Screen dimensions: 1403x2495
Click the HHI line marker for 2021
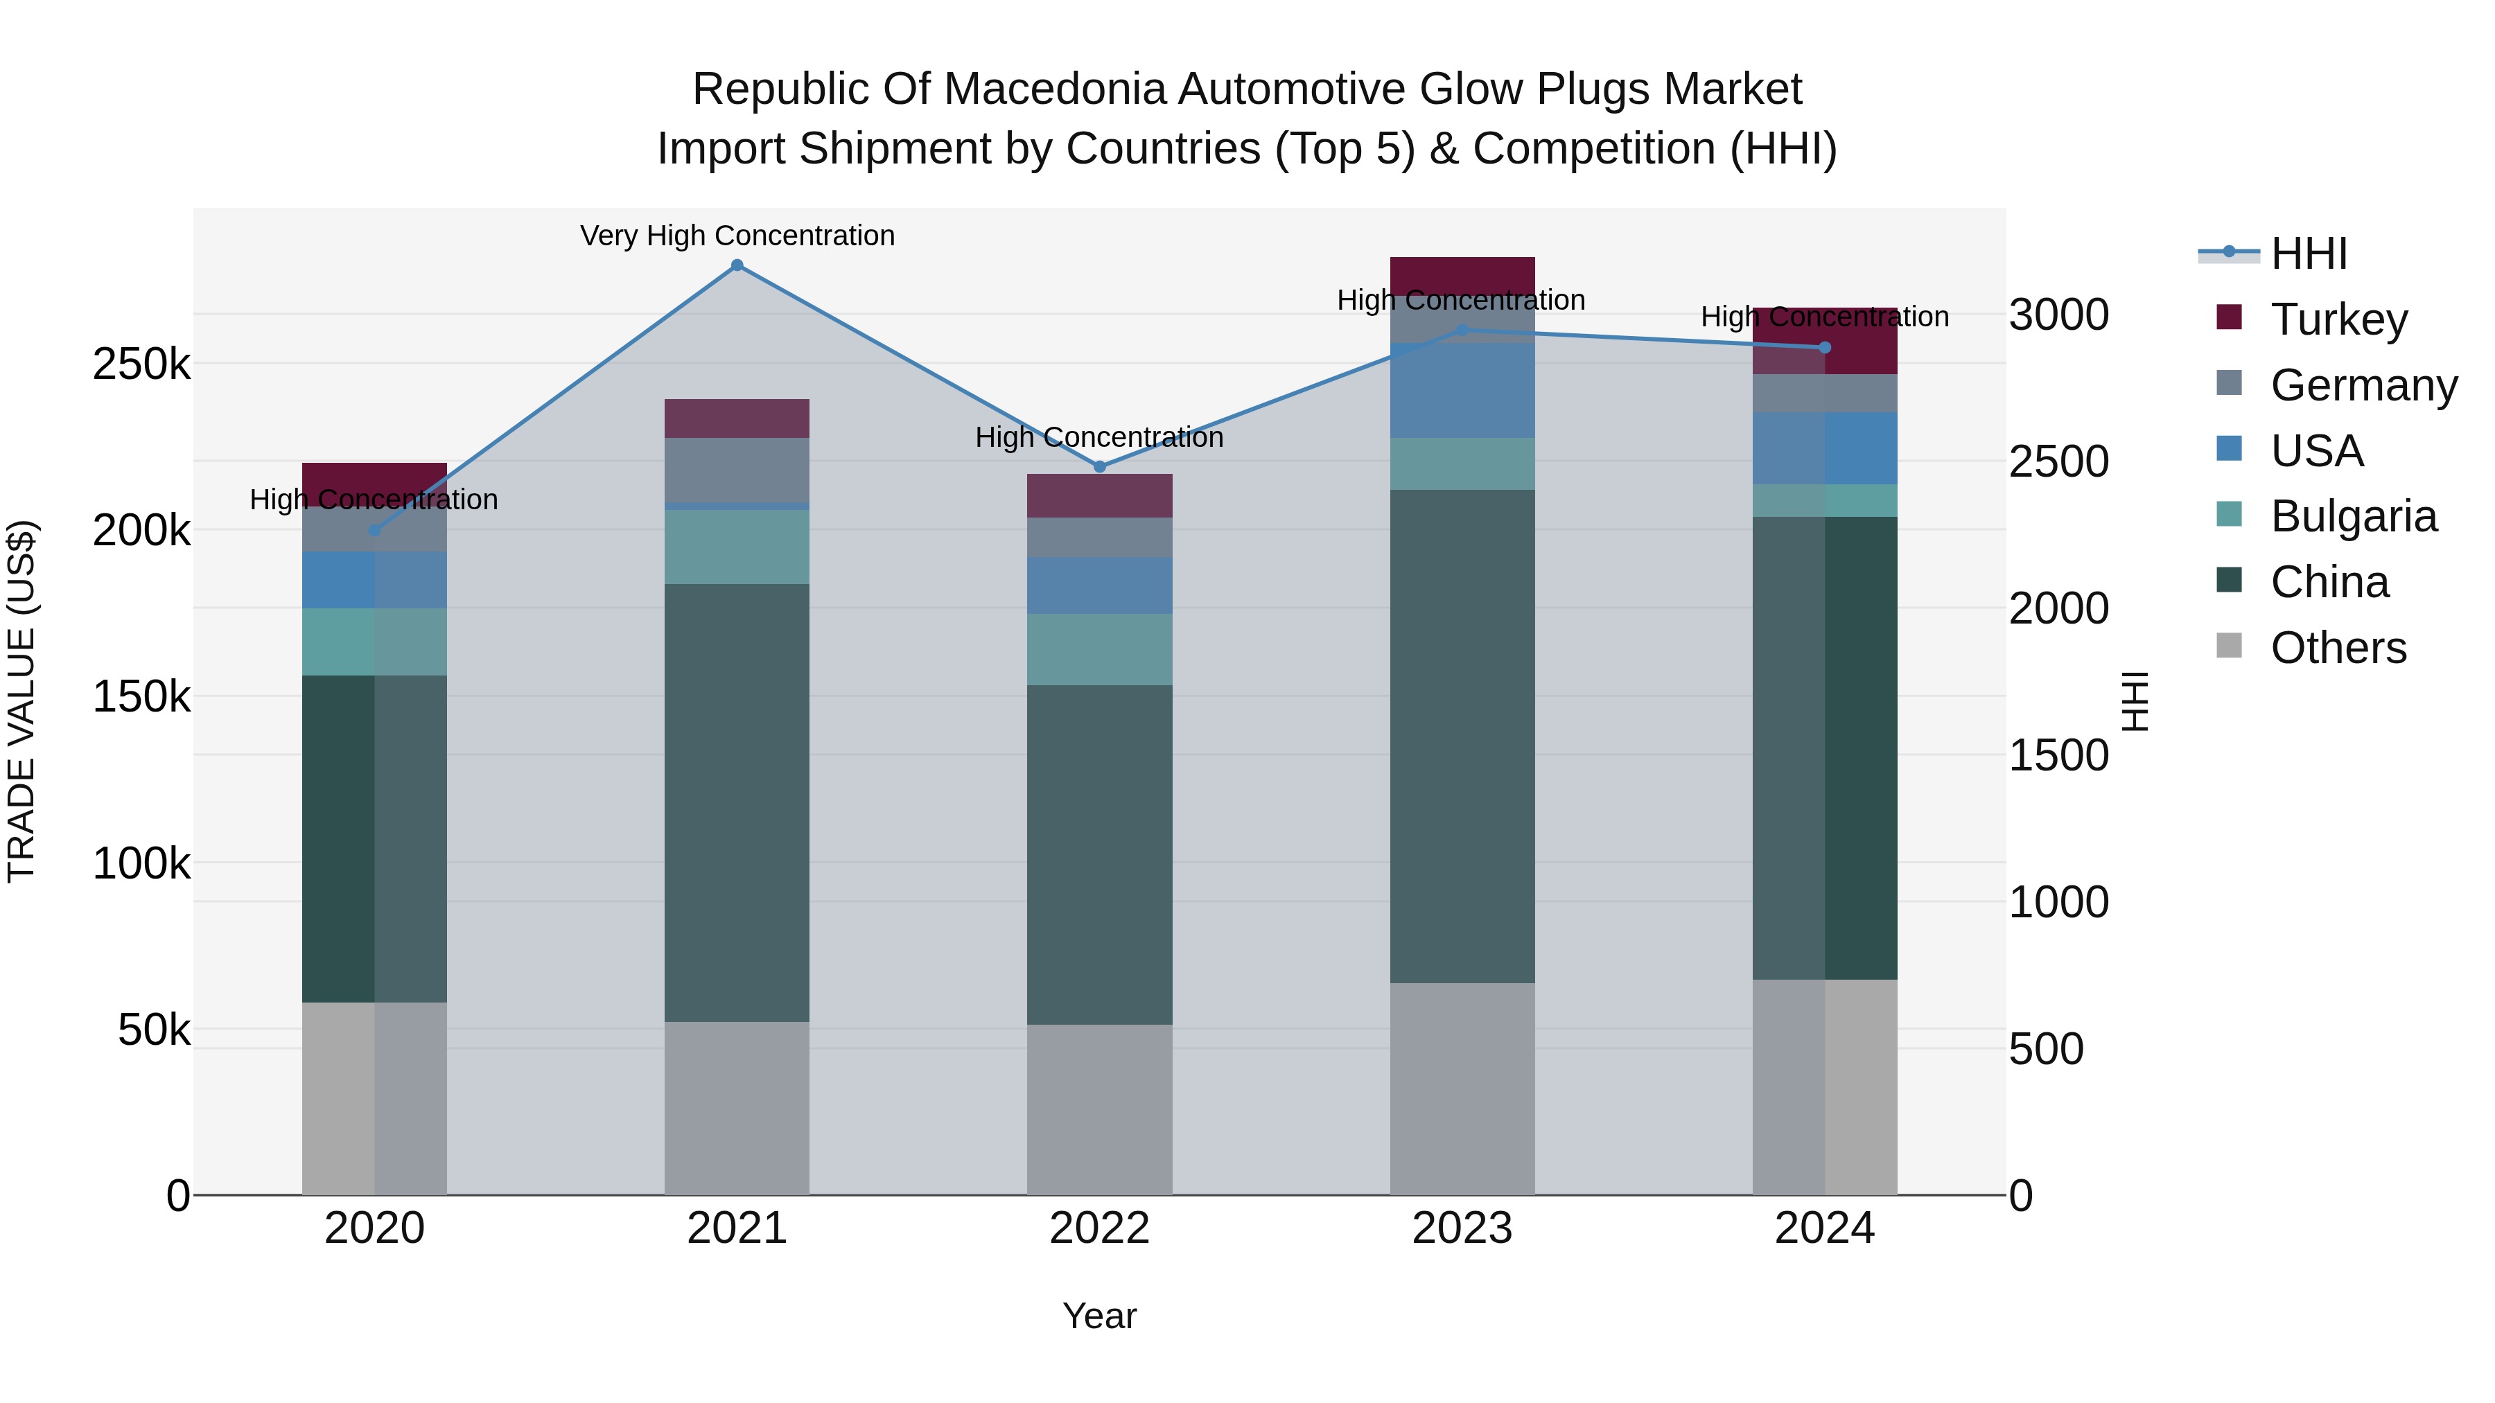(737, 265)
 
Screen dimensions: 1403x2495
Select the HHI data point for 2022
(1099, 467)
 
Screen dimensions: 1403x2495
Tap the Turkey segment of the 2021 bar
(737, 418)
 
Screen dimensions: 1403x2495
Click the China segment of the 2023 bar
(1462, 736)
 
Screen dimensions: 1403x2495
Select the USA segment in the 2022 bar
(1099, 585)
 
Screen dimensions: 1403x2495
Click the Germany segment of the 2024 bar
(1825, 393)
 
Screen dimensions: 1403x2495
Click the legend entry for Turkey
(2338, 319)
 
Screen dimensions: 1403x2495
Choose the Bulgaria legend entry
(2353, 516)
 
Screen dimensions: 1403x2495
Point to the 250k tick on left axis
(141, 365)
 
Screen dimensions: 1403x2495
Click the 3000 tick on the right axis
(2059, 315)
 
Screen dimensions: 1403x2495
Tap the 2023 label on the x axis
(1462, 1228)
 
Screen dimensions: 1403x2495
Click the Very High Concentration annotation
(737, 236)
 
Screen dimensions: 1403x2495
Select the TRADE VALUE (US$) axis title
(21, 701)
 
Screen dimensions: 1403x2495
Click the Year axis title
(1099, 1316)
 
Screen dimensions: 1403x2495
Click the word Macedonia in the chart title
(1057, 89)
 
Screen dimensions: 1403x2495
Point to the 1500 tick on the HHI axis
(2059, 755)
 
